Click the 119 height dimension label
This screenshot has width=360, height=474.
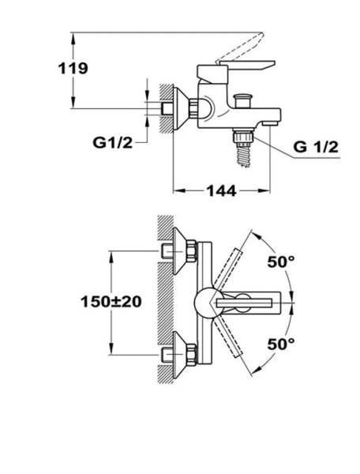[x=73, y=68]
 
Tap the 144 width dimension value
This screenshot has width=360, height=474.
[x=221, y=190]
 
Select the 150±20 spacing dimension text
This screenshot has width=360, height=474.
[x=111, y=302]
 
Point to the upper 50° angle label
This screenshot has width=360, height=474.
[x=281, y=261]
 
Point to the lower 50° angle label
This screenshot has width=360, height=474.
[x=281, y=344]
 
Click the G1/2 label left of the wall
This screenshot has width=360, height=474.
[x=112, y=142]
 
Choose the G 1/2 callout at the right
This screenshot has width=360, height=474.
[x=316, y=147]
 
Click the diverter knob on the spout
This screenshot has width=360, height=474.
[x=243, y=100]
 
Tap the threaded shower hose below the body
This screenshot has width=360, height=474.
[x=243, y=155]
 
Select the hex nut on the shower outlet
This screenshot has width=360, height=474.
[x=242, y=135]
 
